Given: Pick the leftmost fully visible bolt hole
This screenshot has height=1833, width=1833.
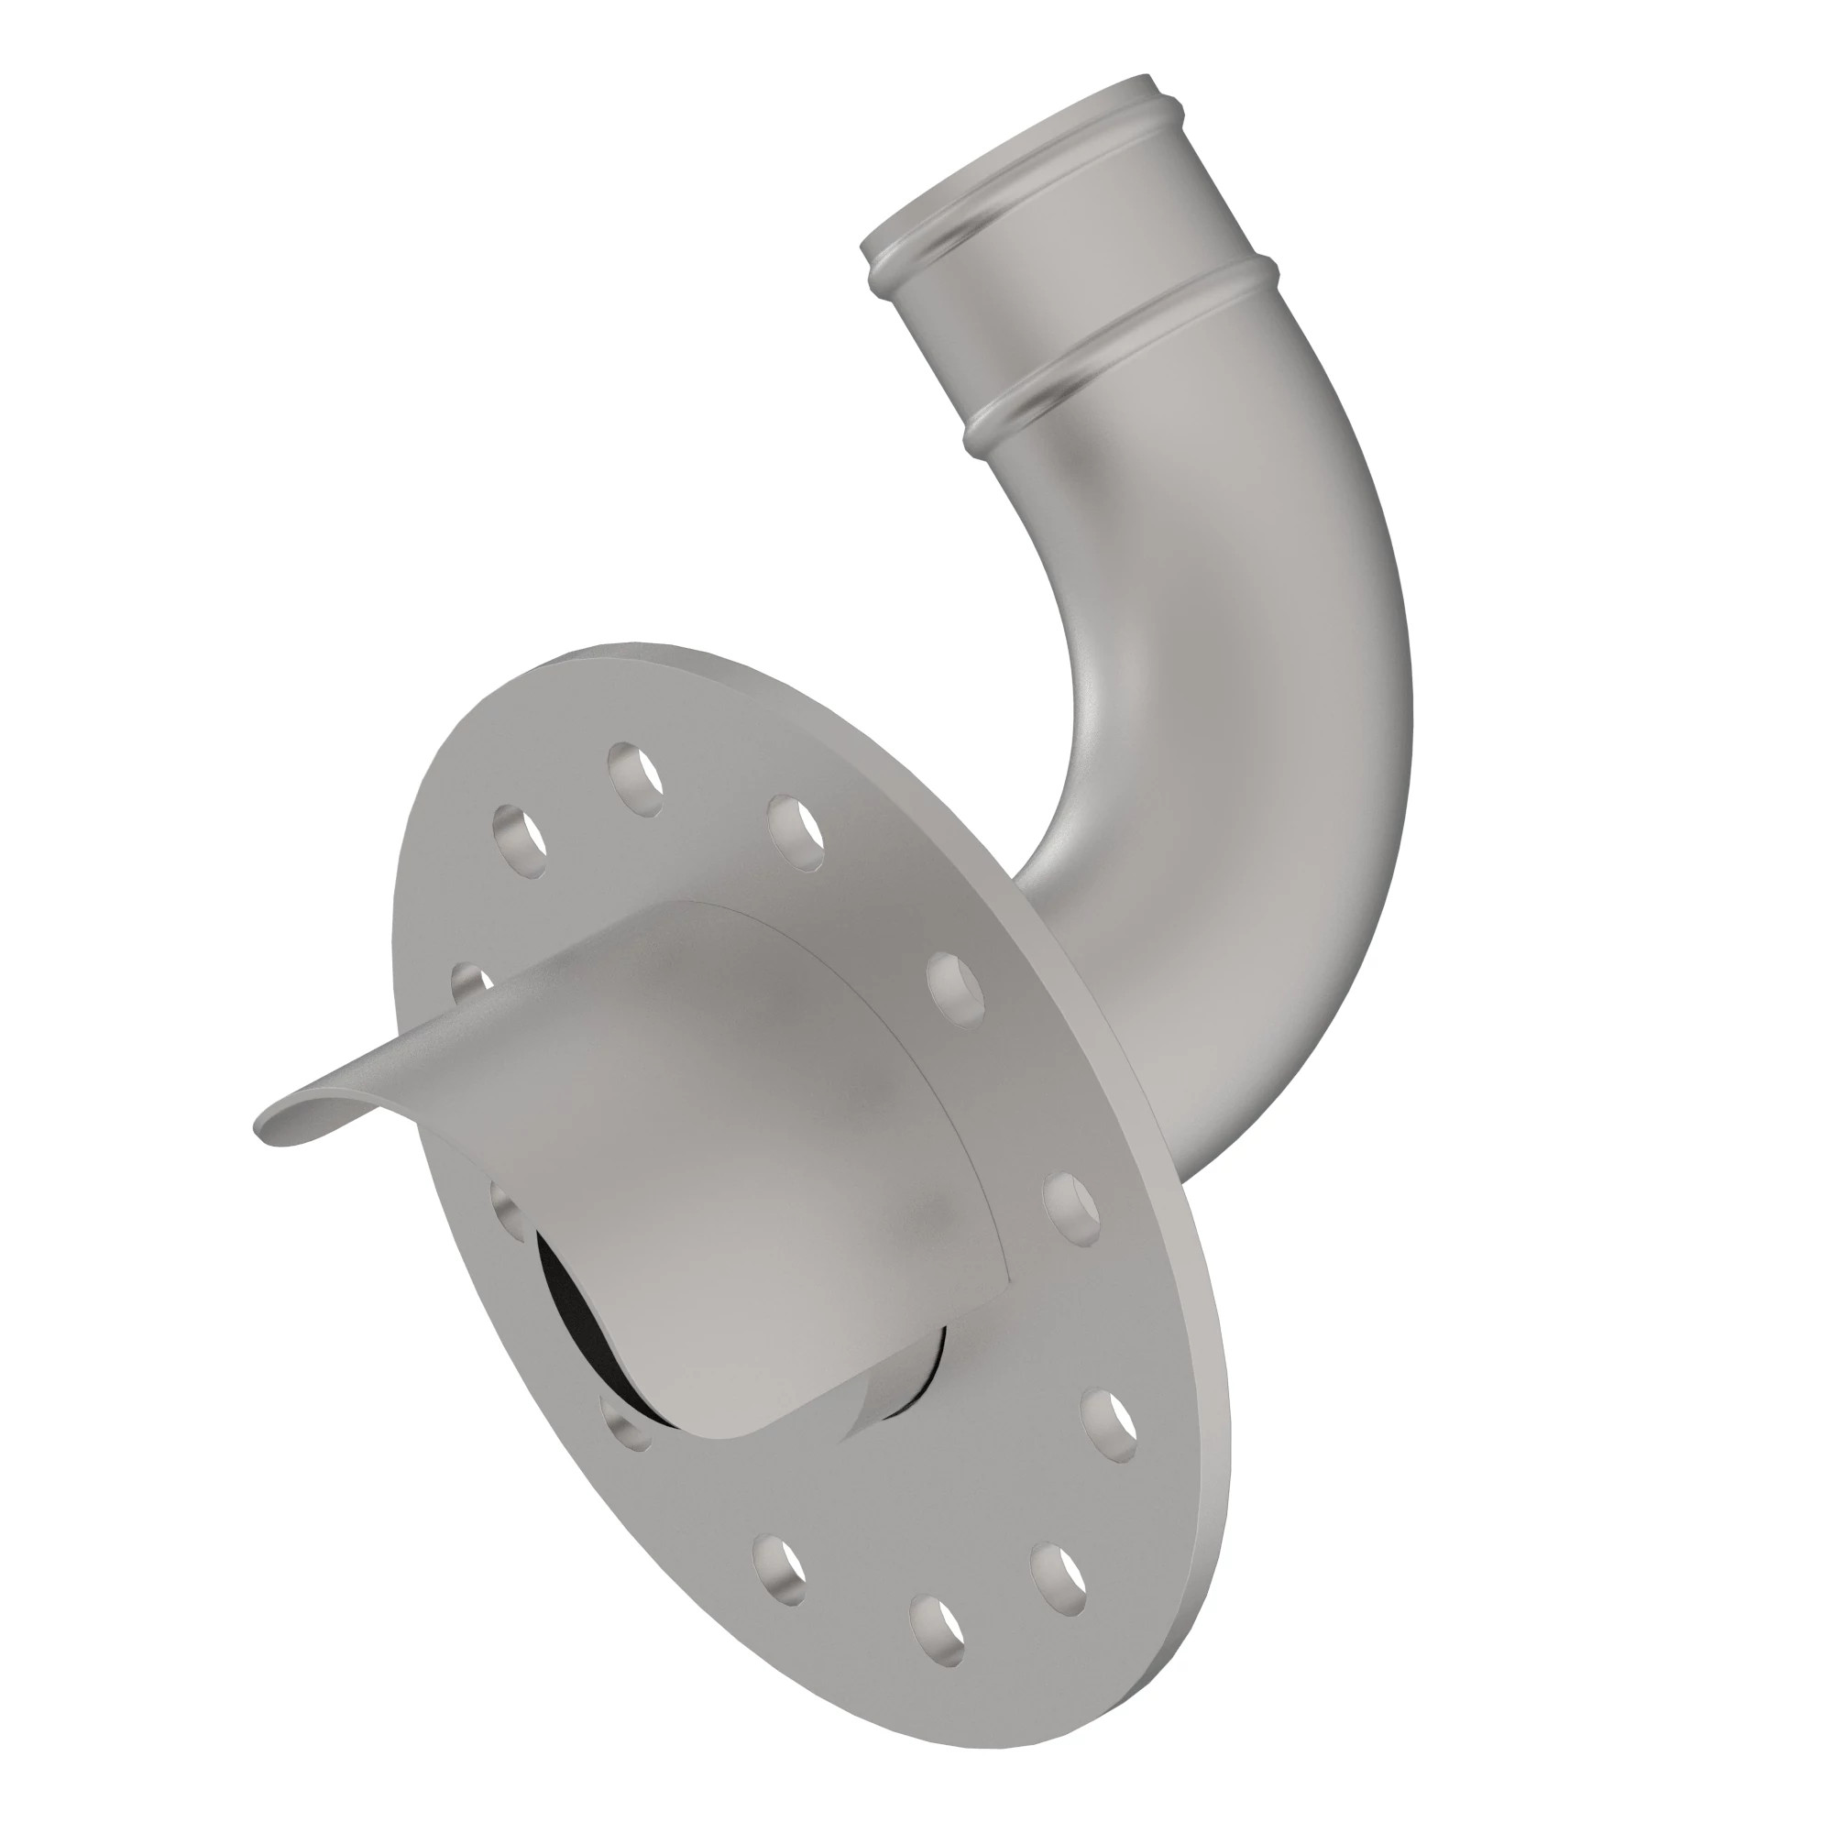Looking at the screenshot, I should pos(521,840).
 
